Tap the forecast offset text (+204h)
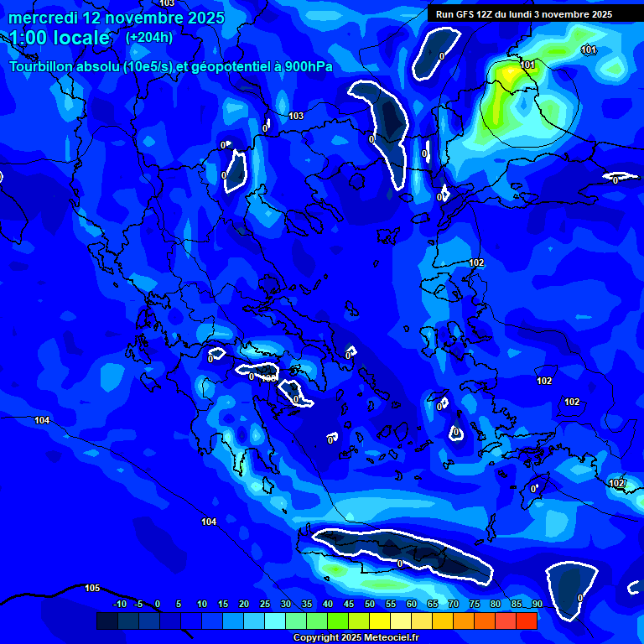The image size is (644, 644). (x=149, y=37)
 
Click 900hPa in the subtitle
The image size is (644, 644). (x=310, y=67)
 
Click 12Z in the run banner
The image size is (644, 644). (x=489, y=14)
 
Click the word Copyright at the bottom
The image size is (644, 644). (x=315, y=638)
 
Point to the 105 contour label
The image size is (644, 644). (x=92, y=588)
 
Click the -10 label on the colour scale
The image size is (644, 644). (x=119, y=605)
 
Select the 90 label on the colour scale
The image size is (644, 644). (x=537, y=605)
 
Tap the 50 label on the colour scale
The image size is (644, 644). (x=370, y=605)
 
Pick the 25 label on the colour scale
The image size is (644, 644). (x=265, y=605)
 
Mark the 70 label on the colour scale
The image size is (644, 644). (x=454, y=605)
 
